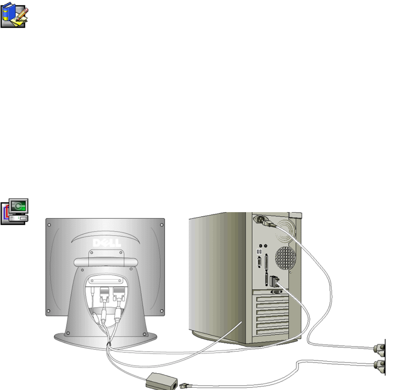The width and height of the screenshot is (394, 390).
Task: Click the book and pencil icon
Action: click(x=14, y=14)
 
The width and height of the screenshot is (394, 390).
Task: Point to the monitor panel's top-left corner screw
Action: click(x=50, y=225)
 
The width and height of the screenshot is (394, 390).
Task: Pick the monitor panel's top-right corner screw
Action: click(x=161, y=225)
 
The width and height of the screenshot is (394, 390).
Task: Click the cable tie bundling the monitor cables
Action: click(x=109, y=344)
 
